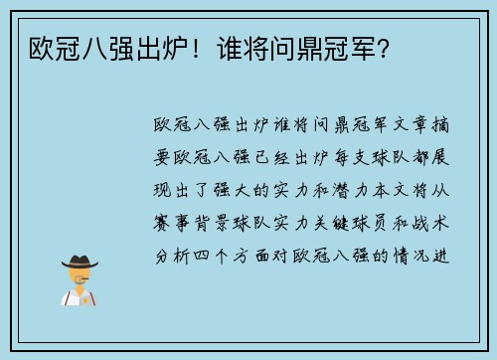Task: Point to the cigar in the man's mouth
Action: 91,282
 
